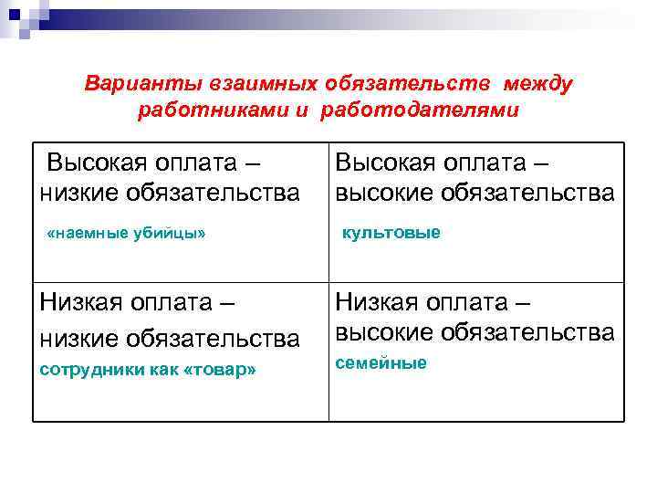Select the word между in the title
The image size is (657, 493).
pos(537,84)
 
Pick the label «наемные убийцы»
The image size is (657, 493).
pos(126,234)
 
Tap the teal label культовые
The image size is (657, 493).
pos(391,233)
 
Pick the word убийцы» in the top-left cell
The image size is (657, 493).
pos(174,234)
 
